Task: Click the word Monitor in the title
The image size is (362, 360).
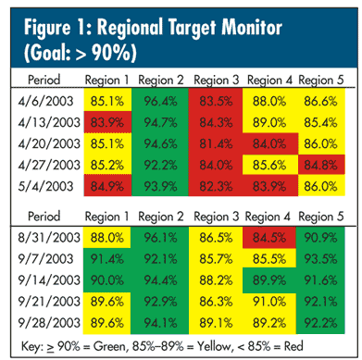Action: coord(252,27)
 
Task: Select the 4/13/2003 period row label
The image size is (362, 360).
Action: coord(49,122)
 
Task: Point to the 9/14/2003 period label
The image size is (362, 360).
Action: coord(49,280)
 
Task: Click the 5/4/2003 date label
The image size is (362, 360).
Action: coord(45,186)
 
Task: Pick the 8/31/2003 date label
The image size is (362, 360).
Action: coord(49,238)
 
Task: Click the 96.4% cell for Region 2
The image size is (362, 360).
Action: coord(160,100)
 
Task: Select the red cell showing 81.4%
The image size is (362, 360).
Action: coord(216,143)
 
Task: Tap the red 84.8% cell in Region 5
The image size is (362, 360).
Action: coord(321,165)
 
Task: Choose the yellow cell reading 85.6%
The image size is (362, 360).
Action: coord(270,165)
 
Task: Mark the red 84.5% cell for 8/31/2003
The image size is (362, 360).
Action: coord(269,238)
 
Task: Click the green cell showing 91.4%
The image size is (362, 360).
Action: coord(107,259)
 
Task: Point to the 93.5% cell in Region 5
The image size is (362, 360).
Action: coord(320,259)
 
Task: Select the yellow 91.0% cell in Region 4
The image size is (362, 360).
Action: coord(269,302)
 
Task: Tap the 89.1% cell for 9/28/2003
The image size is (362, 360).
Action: coord(216,323)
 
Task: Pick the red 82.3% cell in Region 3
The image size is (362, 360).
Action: coord(216,186)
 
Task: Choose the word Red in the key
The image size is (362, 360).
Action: coord(293,346)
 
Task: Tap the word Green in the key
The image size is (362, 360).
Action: coord(110,346)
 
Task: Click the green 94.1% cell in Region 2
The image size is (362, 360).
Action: coord(160,323)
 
